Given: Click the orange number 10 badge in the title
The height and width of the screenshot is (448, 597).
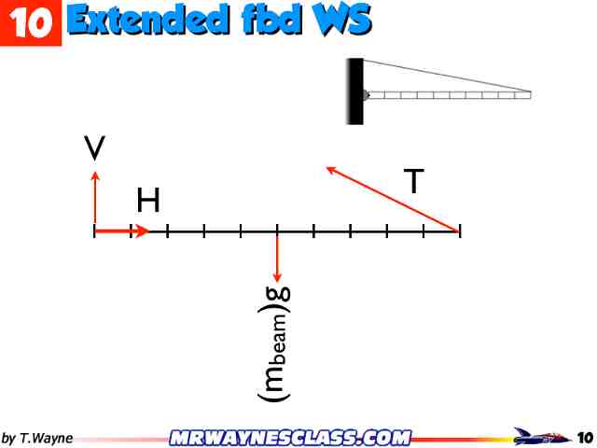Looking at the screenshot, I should click(30, 22).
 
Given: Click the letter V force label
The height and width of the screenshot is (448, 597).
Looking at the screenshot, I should click(93, 148).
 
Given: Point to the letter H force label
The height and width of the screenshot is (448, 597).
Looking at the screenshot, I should click(148, 200).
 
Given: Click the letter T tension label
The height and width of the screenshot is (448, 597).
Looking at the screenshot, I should click(414, 181).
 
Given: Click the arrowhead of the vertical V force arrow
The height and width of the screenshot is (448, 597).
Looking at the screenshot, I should click(94, 175).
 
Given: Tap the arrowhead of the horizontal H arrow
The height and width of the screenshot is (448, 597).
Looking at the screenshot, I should click(143, 231).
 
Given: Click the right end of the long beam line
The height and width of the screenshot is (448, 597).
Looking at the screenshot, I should click(460, 231).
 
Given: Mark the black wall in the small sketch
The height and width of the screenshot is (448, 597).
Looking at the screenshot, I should click(355, 91).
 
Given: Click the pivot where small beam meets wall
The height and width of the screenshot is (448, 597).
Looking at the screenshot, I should click(366, 94).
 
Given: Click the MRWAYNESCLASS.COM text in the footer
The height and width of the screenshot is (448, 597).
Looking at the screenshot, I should click(291, 437).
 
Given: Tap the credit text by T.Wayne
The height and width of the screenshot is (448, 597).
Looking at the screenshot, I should click(37, 438).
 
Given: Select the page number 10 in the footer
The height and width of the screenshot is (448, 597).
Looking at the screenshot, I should click(585, 437).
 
